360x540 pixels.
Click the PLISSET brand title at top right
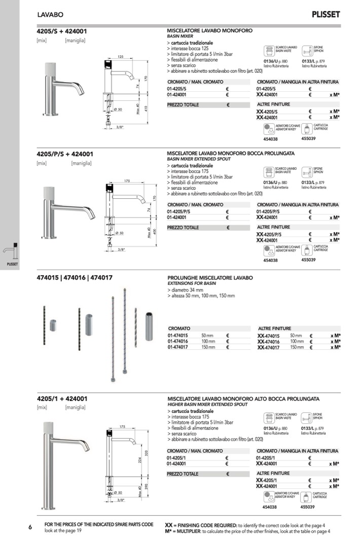[326, 14]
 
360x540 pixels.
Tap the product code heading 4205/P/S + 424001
[65, 154]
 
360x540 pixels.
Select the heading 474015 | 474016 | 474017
[75, 277]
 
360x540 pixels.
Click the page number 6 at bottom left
[30, 527]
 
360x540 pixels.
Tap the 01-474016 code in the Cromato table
[178, 341]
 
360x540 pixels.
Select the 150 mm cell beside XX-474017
[297, 347]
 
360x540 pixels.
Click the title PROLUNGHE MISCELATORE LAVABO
[209, 278]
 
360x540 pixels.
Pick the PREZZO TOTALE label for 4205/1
[183, 474]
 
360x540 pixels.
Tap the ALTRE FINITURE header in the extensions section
[274, 329]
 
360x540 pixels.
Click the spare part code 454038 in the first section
[270, 137]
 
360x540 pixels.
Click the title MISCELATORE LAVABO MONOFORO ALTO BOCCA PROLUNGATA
[243, 399]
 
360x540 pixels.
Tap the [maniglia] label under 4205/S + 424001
[75, 40]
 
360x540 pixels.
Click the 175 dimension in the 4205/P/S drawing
[127, 181]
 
